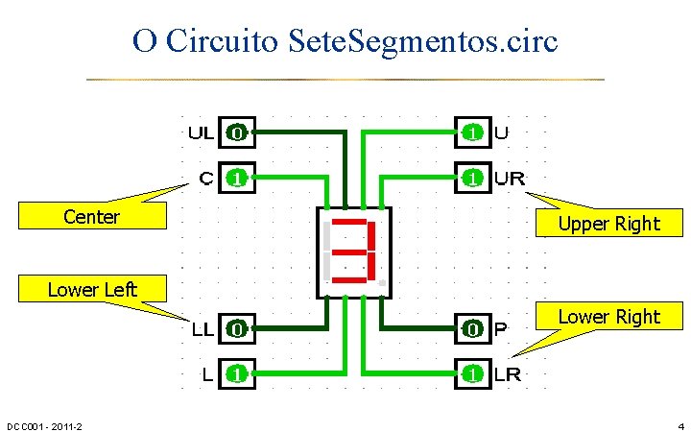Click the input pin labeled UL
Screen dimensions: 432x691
(236, 133)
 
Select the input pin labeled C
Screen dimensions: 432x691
(236, 178)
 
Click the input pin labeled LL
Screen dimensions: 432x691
(236, 329)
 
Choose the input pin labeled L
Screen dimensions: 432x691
(236, 373)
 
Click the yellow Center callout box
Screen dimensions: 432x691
(91, 217)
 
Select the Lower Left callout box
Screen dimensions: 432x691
(92, 289)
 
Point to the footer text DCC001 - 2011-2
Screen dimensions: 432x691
(44, 425)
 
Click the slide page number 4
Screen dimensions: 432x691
(679, 425)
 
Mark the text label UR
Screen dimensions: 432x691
(509, 179)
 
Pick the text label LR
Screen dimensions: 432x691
(507, 374)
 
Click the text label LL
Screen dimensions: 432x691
(202, 330)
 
